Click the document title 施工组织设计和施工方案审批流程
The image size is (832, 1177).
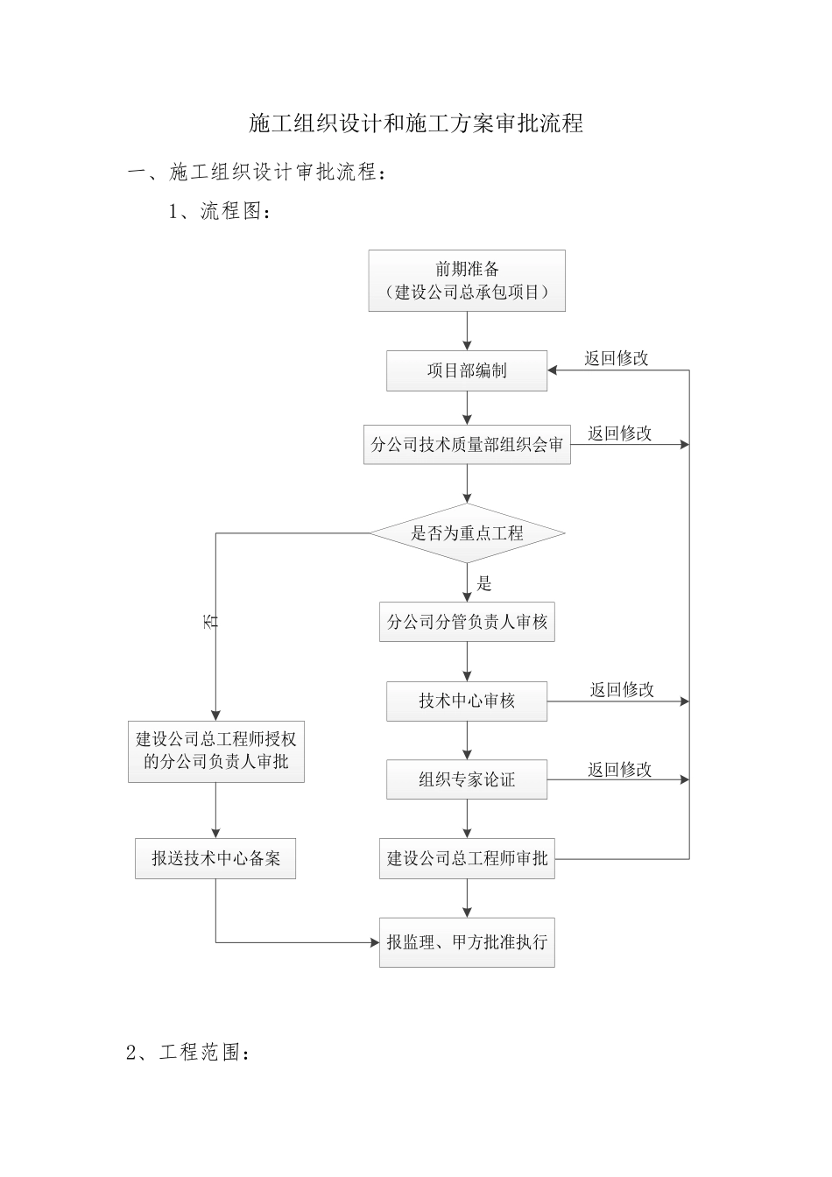point(416,123)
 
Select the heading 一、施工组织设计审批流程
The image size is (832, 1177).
point(257,173)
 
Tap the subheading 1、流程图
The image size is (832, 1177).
point(219,211)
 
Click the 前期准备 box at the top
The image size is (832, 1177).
point(466,280)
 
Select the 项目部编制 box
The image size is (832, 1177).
point(466,370)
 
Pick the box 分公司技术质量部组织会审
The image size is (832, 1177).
point(466,445)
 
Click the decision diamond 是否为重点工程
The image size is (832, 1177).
point(466,532)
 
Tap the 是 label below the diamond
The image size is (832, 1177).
point(484,583)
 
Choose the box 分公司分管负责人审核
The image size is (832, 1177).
point(466,622)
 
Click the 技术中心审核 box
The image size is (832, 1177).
point(466,701)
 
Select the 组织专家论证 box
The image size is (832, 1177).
point(466,779)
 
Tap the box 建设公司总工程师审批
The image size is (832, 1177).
point(466,858)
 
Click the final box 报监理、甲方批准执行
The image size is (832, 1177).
point(466,942)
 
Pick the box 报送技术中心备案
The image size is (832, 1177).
point(215,858)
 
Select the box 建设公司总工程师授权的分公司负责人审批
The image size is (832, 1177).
point(215,751)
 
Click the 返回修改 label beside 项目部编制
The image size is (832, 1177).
point(617,357)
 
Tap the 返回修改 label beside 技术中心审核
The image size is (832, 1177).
point(622,689)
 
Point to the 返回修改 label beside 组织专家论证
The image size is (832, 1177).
point(620,769)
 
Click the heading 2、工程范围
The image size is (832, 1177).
point(189,1053)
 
